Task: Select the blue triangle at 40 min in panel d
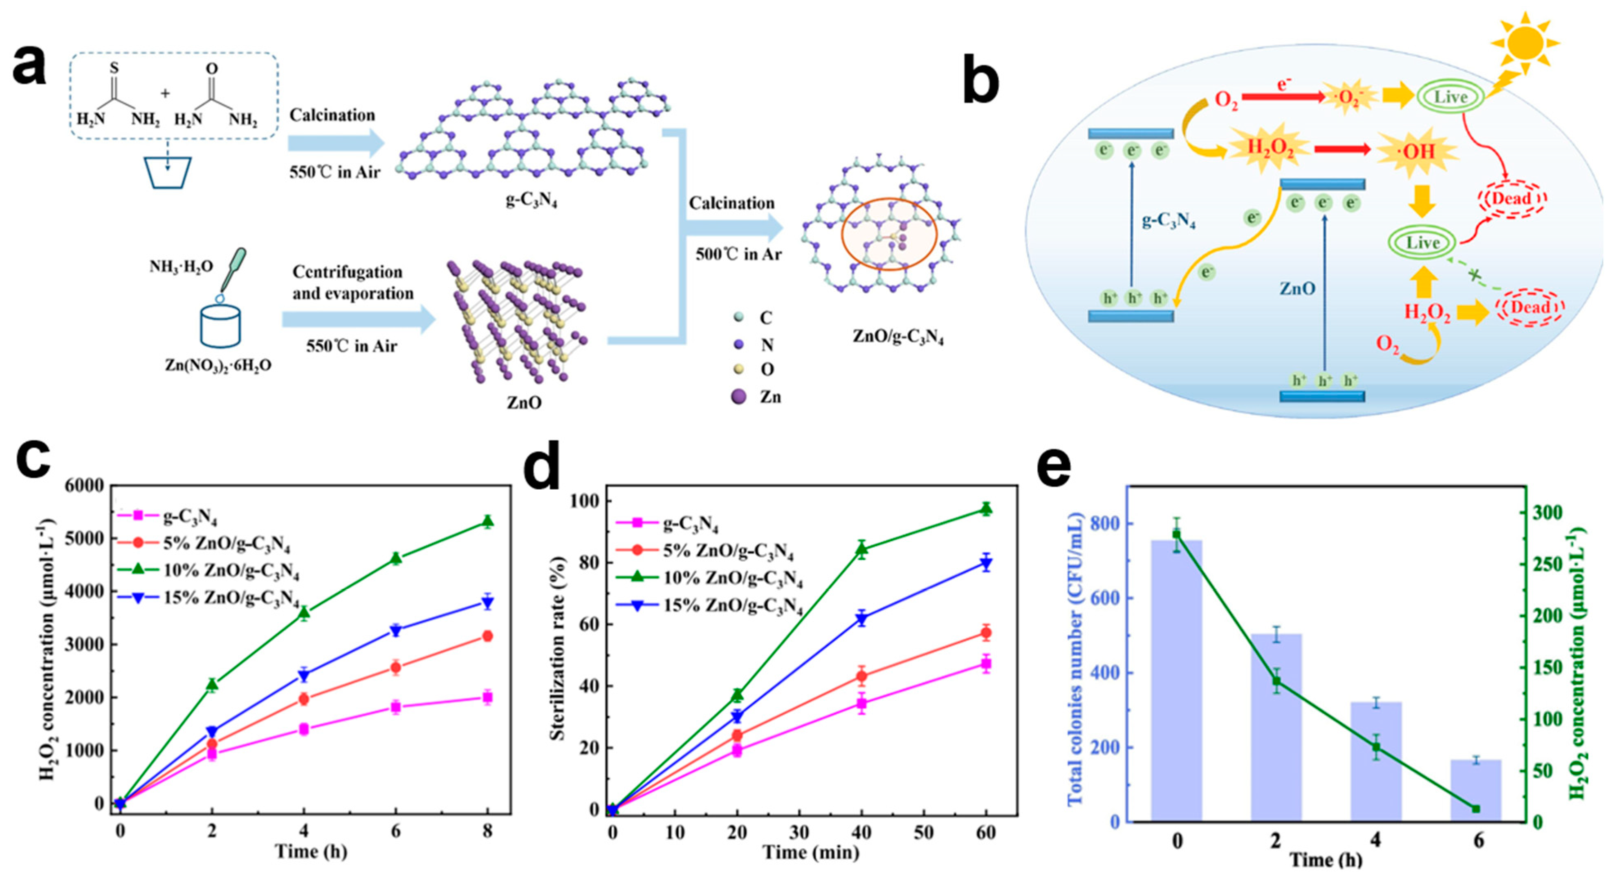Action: pos(861,620)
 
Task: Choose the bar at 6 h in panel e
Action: pos(1476,789)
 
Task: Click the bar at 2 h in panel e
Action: pos(1276,727)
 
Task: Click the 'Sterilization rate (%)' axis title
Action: pos(557,649)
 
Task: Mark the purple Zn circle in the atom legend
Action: pos(739,396)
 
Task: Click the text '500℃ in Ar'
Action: pos(738,254)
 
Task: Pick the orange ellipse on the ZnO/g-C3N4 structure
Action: pos(889,234)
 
